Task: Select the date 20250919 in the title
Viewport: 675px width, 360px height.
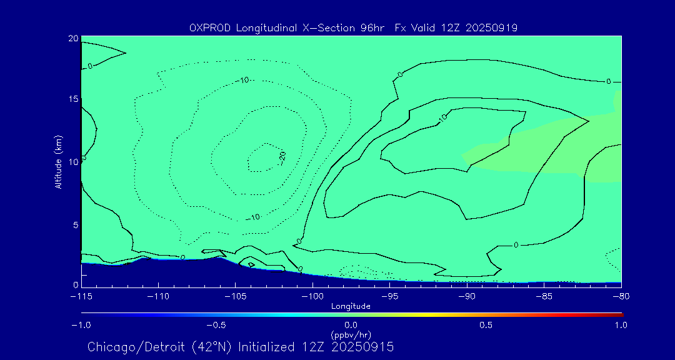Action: [491, 28]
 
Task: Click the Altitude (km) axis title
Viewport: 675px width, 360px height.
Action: [57, 162]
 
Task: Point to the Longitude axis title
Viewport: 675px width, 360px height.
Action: [351, 306]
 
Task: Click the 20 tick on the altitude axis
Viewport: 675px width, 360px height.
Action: [73, 39]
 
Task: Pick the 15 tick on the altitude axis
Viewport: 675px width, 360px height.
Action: [73, 99]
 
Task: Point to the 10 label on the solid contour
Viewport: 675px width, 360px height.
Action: [442, 117]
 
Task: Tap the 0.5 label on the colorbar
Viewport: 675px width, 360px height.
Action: [486, 325]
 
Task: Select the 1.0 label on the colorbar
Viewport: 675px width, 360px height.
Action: [621, 325]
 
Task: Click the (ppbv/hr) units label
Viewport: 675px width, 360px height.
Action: [351, 335]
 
